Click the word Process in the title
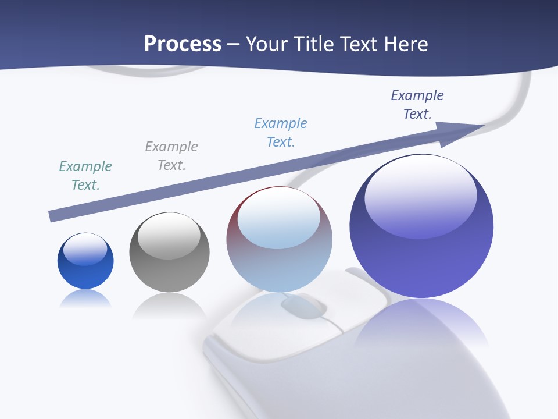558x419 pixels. click(x=183, y=44)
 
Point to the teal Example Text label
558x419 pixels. click(x=85, y=176)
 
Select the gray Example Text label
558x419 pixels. click(x=171, y=156)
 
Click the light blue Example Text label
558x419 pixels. click(x=281, y=133)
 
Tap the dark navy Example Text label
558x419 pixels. click(x=417, y=105)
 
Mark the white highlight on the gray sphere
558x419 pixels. click(x=169, y=234)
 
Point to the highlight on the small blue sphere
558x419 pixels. click(x=85, y=249)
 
